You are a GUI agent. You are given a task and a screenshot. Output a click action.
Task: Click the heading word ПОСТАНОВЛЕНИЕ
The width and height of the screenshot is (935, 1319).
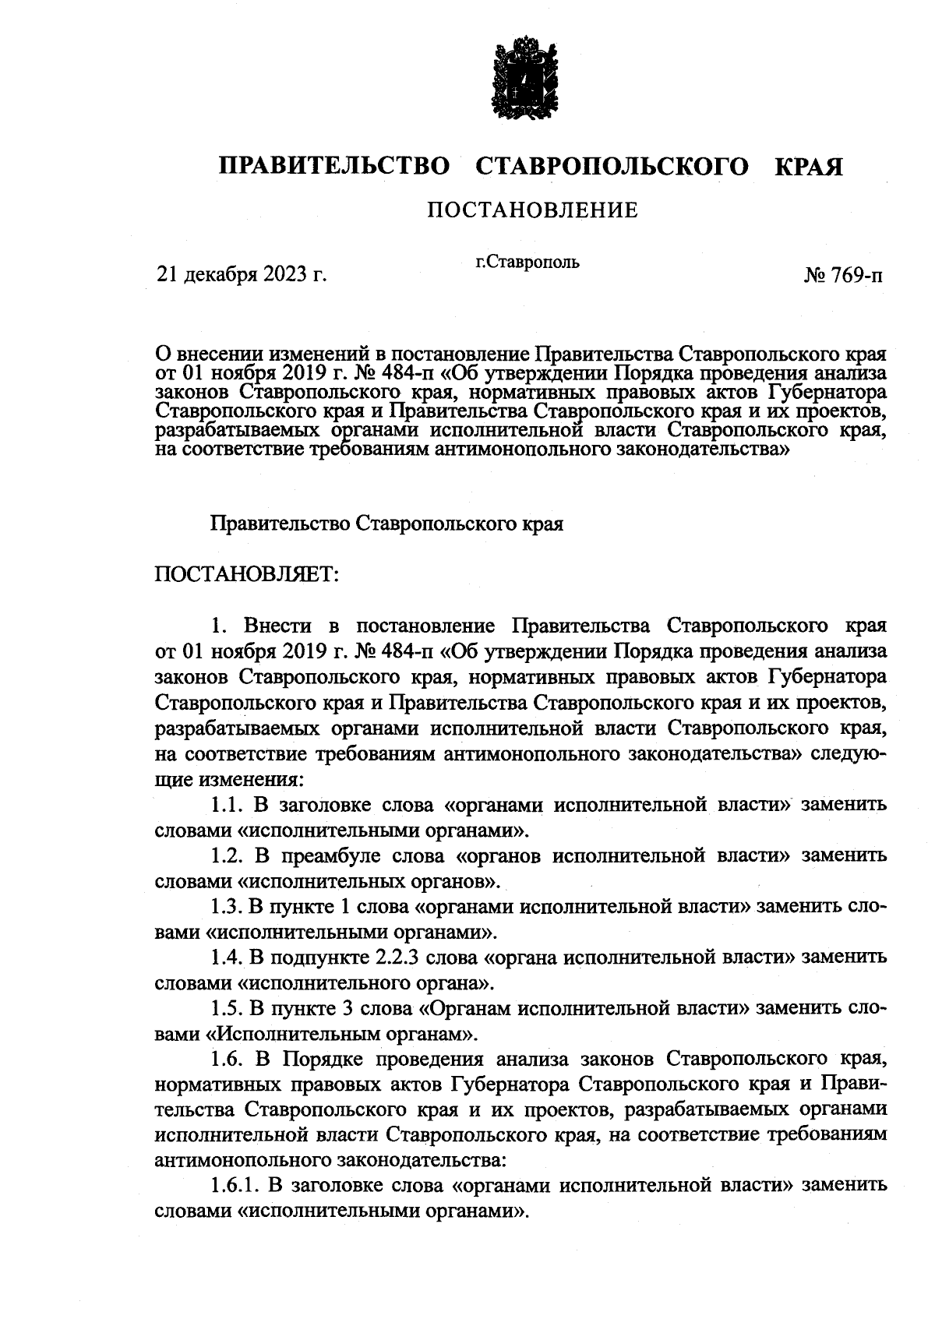click(x=531, y=210)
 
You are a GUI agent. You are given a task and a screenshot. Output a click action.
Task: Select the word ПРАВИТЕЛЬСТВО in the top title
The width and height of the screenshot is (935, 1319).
click(x=334, y=167)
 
